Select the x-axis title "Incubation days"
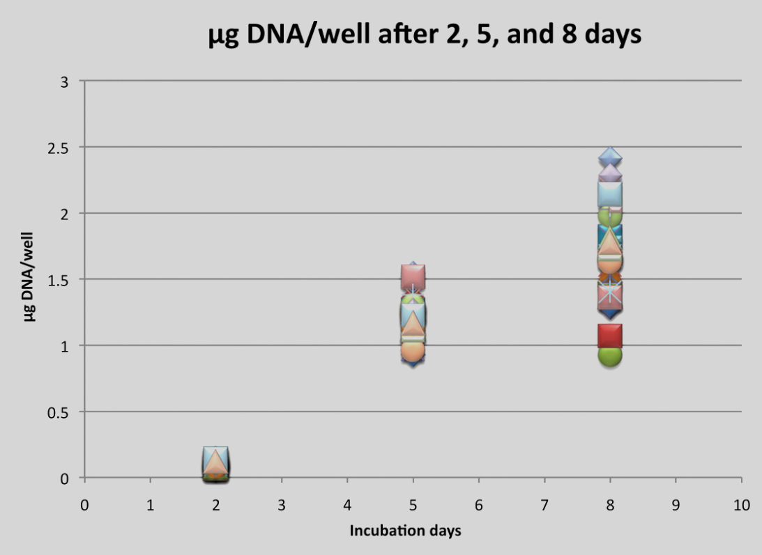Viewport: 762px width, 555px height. click(405, 531)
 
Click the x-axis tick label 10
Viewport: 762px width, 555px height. click(741, 506)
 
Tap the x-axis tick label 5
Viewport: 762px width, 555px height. click(413, 506)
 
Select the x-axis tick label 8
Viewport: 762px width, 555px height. click(610, 506)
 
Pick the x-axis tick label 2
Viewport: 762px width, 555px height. click(216, 506)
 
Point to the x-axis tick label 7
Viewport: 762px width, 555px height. click(544, 506)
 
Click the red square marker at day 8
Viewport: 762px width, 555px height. click(610, 336)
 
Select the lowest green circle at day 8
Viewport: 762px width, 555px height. click(610, 354)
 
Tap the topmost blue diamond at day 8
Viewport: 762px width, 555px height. click(610, 157)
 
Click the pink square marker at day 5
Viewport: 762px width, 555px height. click(413, 277)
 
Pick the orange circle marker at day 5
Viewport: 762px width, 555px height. click(413, 350)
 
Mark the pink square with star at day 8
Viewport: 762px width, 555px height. click(610, 293)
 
